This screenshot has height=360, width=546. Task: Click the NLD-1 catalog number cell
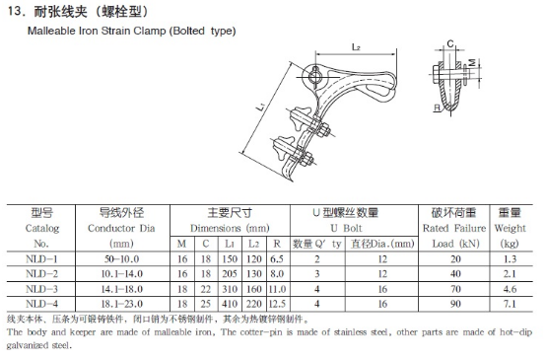41,259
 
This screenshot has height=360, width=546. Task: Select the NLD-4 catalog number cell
41,304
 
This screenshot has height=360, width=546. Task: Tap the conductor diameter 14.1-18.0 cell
122,289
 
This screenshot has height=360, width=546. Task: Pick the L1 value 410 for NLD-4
230,304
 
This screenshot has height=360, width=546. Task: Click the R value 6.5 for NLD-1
277,259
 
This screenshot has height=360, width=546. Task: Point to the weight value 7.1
510,304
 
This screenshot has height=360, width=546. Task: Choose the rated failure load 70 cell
455,289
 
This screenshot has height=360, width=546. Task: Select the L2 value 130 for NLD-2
254,274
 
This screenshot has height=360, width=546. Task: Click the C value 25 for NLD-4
206,304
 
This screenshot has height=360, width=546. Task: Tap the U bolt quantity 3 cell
317,274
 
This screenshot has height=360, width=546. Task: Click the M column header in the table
181,244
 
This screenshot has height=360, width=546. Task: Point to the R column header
277,244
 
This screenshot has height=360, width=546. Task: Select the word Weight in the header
510,229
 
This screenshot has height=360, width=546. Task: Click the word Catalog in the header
42,229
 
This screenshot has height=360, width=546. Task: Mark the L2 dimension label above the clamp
356,47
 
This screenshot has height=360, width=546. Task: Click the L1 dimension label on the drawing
261,107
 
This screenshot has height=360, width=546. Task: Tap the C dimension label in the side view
450,44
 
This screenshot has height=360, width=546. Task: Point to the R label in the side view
437,108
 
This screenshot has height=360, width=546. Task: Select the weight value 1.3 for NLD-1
510,259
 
